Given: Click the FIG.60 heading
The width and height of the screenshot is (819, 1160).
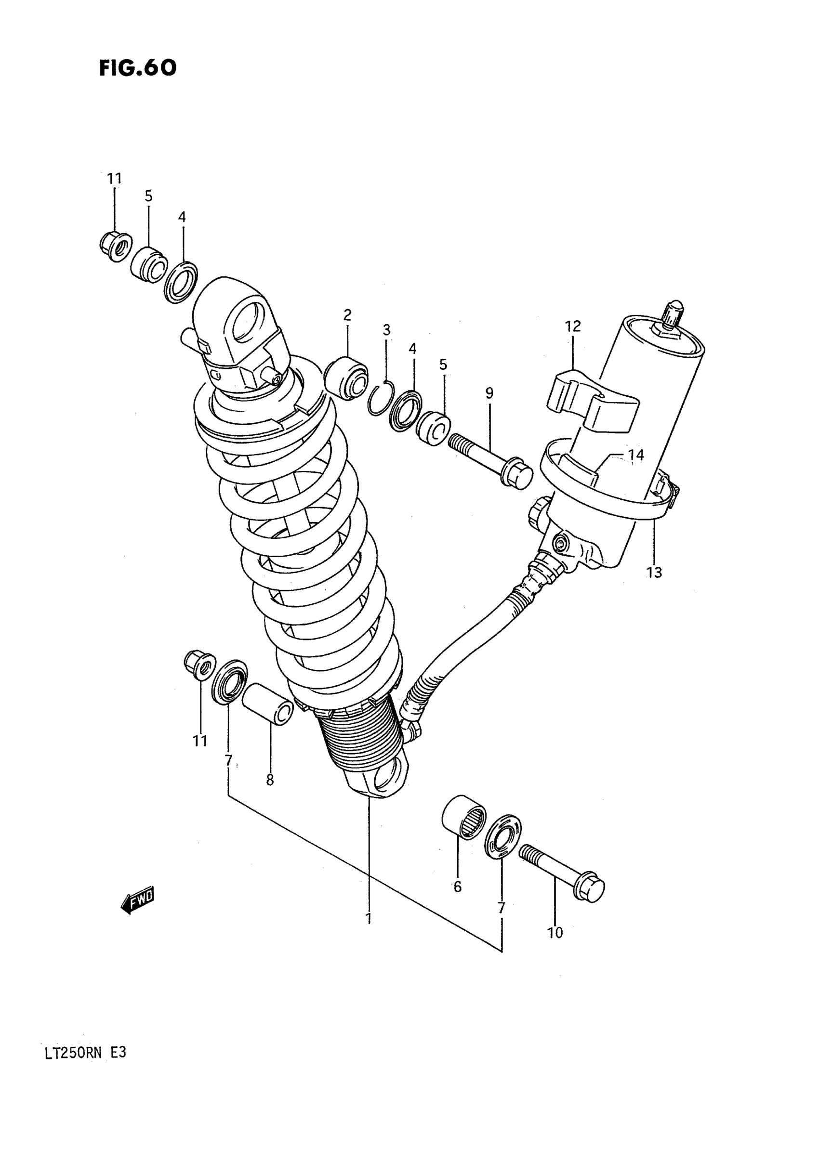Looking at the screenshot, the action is [137, 68].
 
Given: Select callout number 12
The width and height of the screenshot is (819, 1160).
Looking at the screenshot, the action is [573, 326].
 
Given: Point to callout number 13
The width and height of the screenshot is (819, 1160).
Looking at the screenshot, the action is [654, 573].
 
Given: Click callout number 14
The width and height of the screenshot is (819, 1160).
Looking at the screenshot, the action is [636, 455].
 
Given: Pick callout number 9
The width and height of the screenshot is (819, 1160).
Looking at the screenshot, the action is [489, 393].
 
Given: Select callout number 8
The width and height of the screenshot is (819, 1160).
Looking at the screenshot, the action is [270, 781].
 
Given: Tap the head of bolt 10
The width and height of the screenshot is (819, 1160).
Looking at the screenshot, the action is [589, 886].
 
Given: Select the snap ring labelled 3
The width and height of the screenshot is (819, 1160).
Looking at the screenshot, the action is [378, 400].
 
